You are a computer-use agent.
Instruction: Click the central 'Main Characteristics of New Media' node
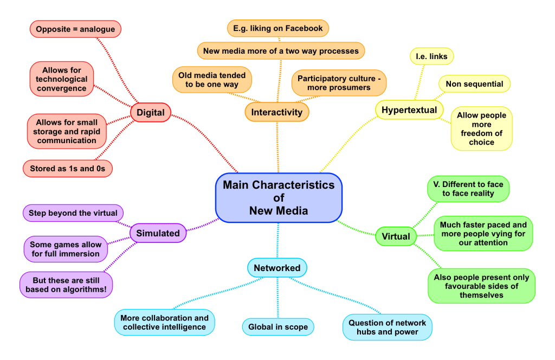pos(279,198)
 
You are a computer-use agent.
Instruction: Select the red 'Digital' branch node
pos(151,113)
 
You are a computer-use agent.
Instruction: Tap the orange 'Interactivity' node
pos(277,112)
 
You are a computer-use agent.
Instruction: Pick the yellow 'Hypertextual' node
pos(409,110)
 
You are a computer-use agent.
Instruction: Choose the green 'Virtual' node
pos(396,236)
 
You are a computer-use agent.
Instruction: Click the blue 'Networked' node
pos(277,268)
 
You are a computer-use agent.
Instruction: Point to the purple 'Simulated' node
pos(158,233)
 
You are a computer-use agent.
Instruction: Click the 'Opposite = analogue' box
pos(75,29)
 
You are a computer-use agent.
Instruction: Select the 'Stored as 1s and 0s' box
pos(68,169)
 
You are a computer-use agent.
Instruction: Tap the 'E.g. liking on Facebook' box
pos(277,28)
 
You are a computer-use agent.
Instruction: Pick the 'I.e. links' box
pos(431,56)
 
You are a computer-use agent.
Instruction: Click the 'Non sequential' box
pos(474,84)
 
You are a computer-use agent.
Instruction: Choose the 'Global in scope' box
pos(278,327)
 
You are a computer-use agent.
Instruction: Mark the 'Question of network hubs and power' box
pos(387,327)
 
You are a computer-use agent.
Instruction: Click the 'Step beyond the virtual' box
pos(73,213)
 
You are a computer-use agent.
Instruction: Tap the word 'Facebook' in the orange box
pos(302,28)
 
